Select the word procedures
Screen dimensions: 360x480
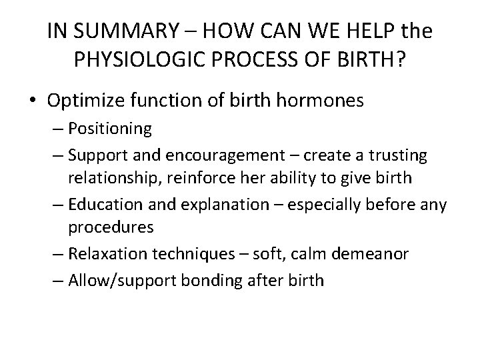(x=111, y=227)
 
